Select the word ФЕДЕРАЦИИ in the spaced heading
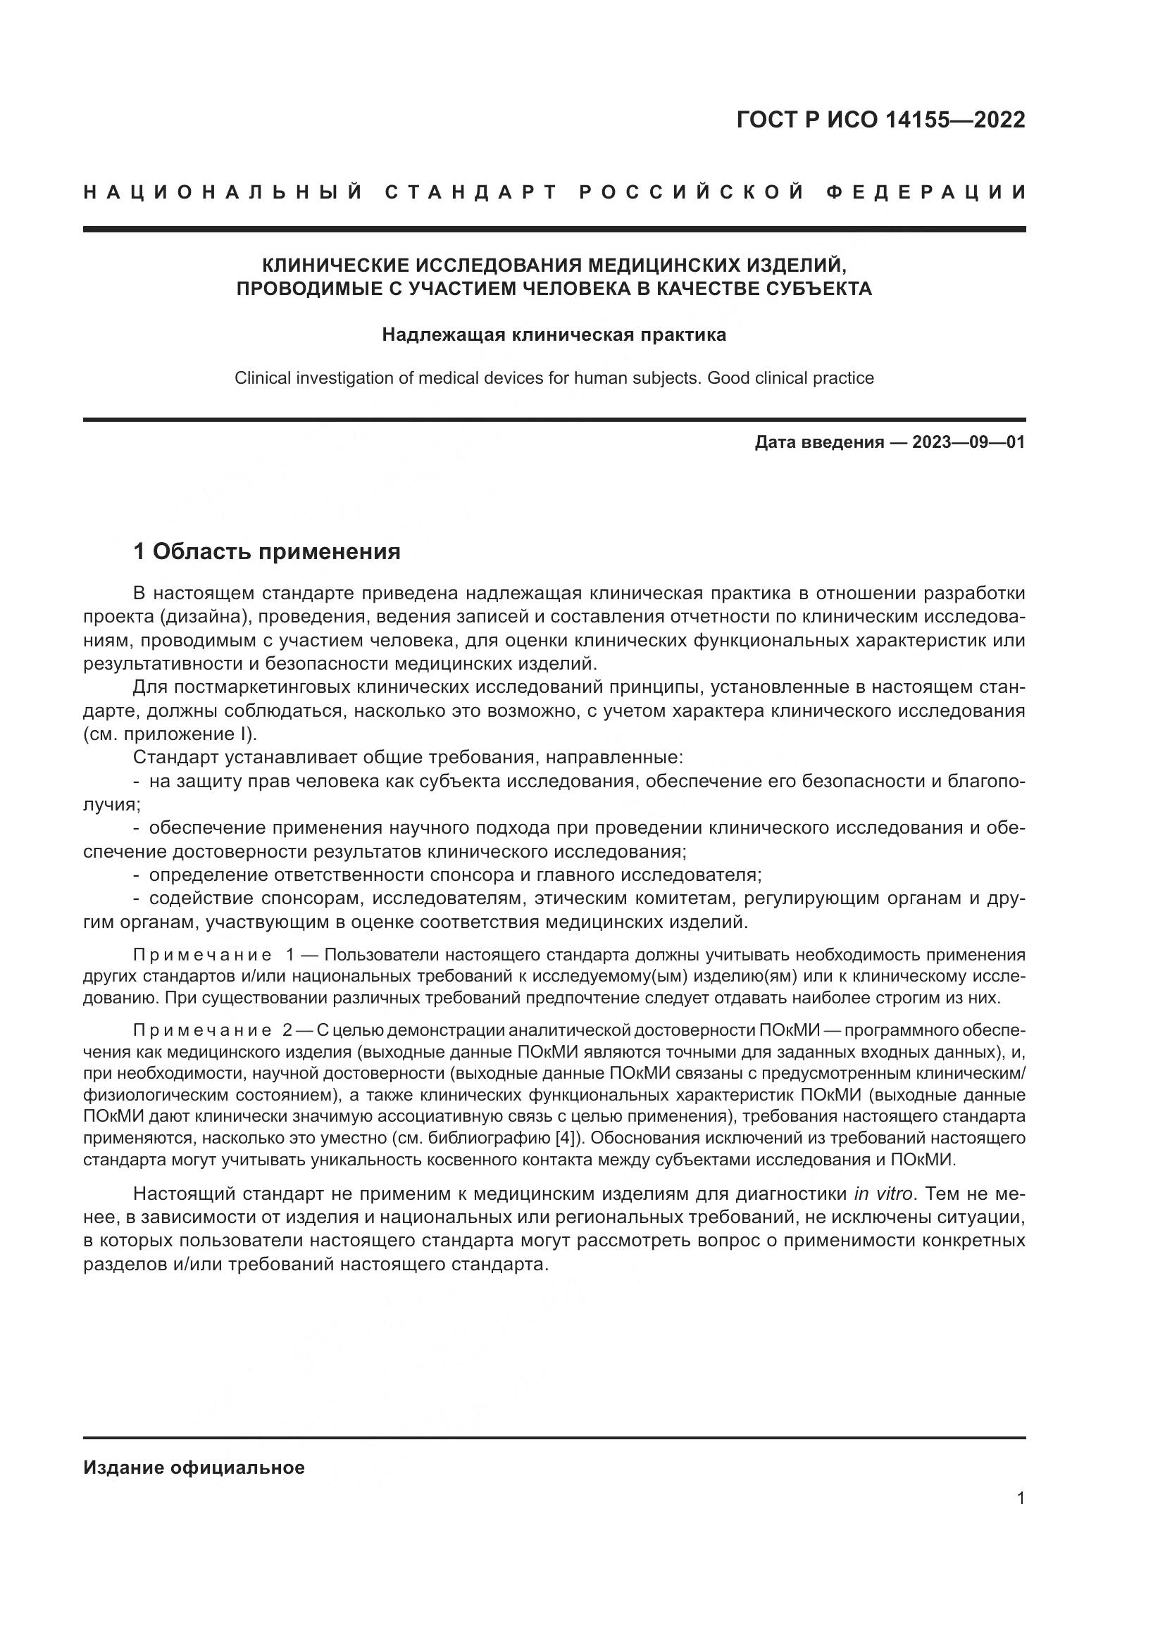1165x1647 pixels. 926,192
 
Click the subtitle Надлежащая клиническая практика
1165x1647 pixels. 554,335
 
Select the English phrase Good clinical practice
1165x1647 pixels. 790,378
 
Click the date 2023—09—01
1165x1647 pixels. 968,442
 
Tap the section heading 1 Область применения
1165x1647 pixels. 267,551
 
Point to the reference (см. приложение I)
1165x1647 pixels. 170,734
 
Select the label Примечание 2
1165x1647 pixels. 211,1031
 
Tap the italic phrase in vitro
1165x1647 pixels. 883,1194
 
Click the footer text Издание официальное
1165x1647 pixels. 194,1467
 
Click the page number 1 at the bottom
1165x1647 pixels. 1021,1498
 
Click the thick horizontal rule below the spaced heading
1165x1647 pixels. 554,230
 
